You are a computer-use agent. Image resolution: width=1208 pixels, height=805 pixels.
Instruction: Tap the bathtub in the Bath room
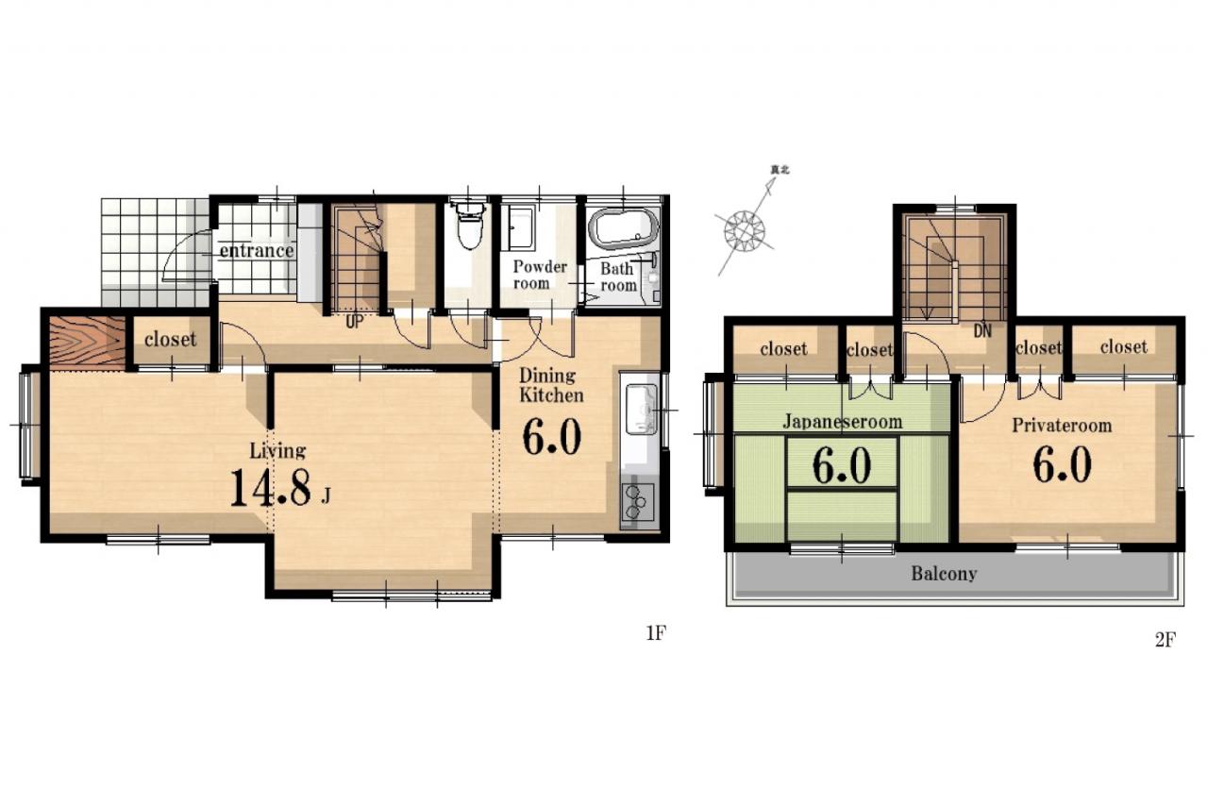point(624,228)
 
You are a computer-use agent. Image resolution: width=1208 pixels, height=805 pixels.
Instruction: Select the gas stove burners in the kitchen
point(637,502)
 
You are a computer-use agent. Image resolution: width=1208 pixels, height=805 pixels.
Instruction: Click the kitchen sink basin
point(641,409)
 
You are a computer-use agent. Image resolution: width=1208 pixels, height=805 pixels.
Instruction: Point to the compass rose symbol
point(745,231)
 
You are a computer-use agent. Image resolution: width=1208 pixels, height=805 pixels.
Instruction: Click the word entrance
point(256,250)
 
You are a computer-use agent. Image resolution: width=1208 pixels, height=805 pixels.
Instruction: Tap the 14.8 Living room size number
point(271,487)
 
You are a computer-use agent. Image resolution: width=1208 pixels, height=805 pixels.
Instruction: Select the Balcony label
point(944,574)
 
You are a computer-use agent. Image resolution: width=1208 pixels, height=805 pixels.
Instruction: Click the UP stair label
point(354,323)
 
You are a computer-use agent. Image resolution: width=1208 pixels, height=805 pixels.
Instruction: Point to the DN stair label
point(982,331)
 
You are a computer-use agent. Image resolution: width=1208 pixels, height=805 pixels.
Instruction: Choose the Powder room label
point(539,275)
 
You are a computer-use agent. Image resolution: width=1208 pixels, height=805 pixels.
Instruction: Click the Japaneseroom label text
point(842,422)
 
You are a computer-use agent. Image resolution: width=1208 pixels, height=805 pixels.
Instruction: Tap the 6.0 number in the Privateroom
point(1062,464)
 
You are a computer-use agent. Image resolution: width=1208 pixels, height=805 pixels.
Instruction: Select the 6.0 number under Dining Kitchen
point(551,437)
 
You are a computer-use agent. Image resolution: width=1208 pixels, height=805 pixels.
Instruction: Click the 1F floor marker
point(656,633)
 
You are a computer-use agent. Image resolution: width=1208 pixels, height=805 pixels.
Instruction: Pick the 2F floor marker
point(1165,640)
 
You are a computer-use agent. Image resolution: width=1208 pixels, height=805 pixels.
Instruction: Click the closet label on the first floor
point(171,340)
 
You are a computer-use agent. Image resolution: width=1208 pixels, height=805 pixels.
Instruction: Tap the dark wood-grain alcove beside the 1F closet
point(88,343)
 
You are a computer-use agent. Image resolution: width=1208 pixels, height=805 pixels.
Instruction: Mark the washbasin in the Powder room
point(520,229)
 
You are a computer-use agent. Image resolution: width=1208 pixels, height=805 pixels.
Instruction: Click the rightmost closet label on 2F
point(1123,346)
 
